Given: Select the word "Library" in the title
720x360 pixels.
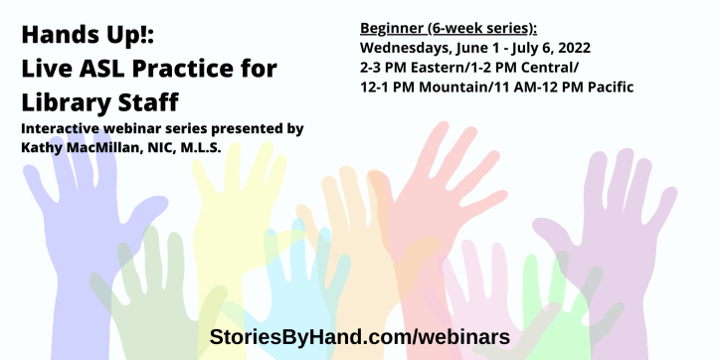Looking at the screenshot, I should (x=65, y=102).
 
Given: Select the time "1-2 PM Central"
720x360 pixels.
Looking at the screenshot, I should (x=527, y=67).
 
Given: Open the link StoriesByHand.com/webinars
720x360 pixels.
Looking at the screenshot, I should (x=359, y=336).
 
